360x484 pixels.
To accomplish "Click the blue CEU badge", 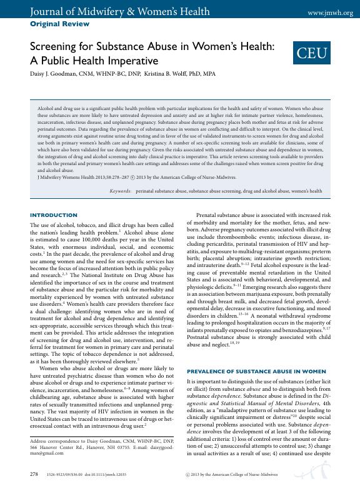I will [311, 54].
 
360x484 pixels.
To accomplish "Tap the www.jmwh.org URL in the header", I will [331, 13].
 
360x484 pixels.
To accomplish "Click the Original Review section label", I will [59, 24].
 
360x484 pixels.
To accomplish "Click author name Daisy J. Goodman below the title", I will [56, 74].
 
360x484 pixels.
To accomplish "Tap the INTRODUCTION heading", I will [54, 215].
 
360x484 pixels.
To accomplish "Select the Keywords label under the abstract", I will [120, 190].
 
